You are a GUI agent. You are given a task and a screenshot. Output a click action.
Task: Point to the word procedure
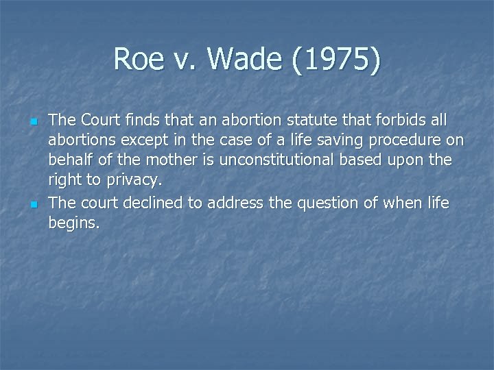click(401, 141)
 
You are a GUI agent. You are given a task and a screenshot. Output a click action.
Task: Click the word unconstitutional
click(281, 161)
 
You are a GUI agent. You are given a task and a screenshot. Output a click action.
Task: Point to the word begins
click(74, 223)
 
